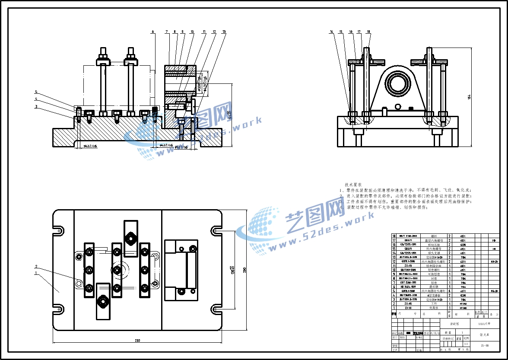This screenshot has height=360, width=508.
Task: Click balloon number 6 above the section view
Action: [152, 32]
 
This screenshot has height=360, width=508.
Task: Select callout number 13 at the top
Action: [224, 32]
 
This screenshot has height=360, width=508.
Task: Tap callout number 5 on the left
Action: [37, 92]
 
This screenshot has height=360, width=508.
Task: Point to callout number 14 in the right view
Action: [331, 32]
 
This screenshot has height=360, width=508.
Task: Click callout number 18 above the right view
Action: [368, 32]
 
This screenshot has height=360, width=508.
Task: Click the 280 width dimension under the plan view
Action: [137, 341]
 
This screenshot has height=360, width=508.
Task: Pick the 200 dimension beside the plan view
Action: [245, 270]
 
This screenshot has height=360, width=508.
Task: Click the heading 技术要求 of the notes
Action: [353, 184]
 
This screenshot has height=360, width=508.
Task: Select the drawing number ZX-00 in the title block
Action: [485, 345]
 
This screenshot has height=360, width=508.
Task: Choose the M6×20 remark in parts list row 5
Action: [493, 291]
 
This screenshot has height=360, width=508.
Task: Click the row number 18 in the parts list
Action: [394, 236]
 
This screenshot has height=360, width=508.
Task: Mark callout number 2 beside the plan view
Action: [37, 266]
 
